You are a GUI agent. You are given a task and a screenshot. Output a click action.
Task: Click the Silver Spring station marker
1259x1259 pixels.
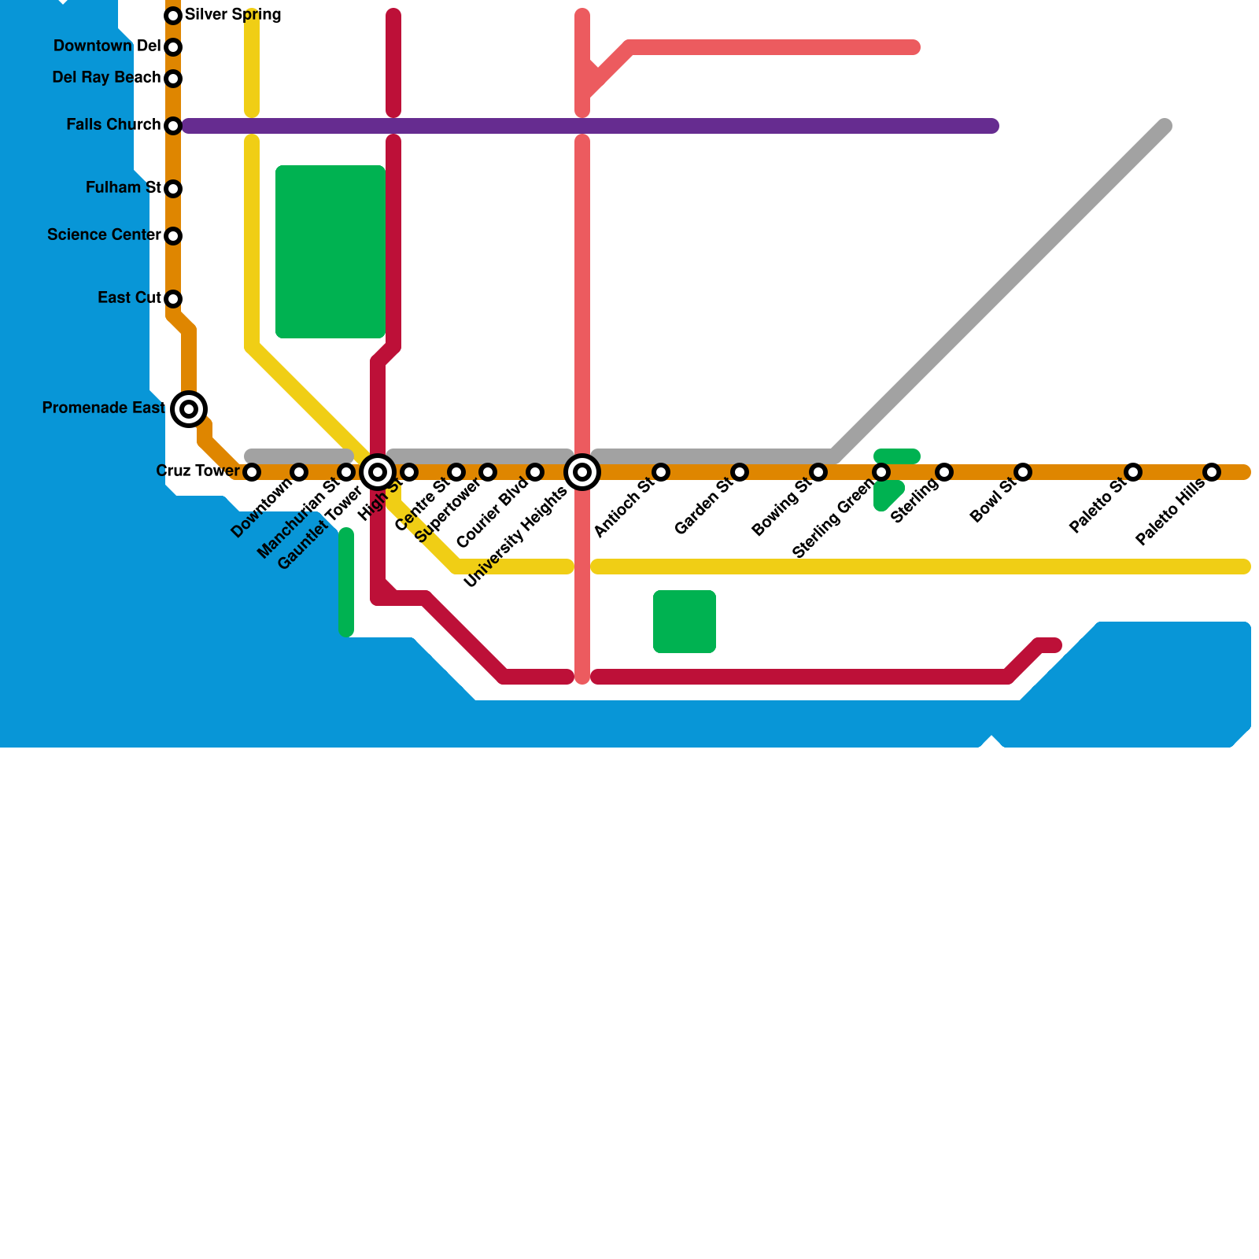click(173, 15)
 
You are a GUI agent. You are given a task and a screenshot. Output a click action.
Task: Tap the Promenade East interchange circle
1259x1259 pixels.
click(189, 408)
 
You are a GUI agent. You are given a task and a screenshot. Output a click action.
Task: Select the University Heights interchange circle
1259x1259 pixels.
click(582, 472)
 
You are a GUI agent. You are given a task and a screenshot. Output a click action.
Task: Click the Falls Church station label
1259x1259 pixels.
click(113, 124)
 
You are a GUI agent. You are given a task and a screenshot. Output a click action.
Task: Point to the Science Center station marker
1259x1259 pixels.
click(173, 235)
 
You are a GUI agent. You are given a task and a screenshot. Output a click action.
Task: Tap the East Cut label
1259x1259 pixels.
click(129, 297)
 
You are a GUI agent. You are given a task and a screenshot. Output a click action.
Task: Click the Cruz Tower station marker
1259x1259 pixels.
click(252, 472)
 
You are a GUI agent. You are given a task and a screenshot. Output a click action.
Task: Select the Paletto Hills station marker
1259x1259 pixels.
click(1212, 472)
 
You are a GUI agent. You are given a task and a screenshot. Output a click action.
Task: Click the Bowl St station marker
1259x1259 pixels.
click(1023, 472)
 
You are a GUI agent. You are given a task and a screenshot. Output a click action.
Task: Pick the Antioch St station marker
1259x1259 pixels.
click(661, 472)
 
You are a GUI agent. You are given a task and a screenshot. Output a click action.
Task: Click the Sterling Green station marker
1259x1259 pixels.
click(881, 472)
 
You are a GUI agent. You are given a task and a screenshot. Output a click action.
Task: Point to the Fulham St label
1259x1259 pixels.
click(124, 187)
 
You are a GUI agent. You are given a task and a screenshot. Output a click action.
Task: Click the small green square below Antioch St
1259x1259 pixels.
click(685, 622)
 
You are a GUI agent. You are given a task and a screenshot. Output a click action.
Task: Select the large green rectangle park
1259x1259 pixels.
click(330, 252)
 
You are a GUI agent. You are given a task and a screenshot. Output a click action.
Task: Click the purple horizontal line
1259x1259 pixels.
click(708, 126)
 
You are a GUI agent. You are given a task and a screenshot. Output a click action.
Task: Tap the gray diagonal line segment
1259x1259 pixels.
click(999, 291)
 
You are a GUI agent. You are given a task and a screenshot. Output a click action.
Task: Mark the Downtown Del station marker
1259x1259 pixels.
click(173, 47)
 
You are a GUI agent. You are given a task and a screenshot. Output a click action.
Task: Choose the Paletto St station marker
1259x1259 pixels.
click(1133, 472)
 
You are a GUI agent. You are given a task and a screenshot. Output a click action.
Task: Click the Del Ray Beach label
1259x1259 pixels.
click(106, 77)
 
